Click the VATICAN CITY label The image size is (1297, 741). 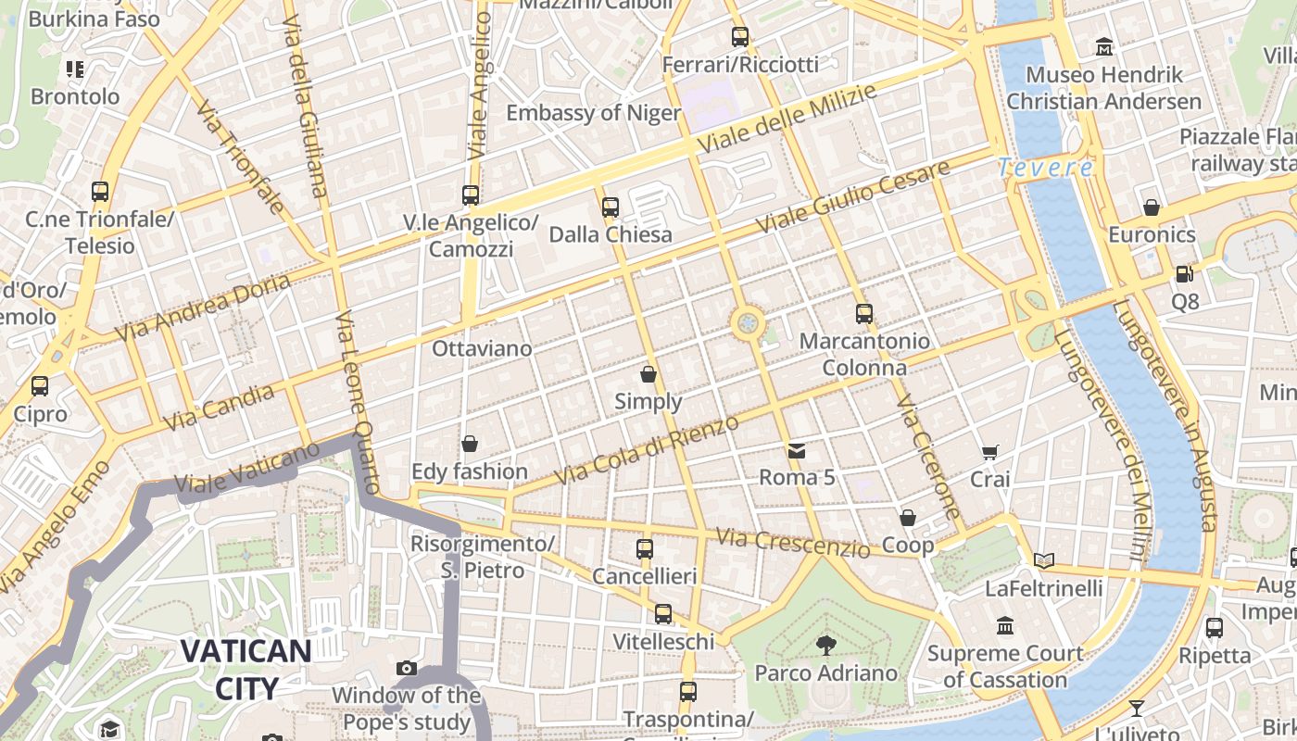[x=246, y=669]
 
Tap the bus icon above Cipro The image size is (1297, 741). [x=40, y=386]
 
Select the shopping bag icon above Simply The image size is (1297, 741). [x=648, y=374]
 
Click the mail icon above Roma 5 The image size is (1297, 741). [x=796, y=451]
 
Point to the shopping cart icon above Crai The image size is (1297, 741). [x=990, y=452]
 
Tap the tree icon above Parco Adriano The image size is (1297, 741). [x=825, y=645]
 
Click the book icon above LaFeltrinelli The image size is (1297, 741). [x=1044, y=560]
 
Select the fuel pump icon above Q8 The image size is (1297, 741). [x=1184, y=274]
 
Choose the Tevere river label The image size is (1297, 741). [x=1046, y=168]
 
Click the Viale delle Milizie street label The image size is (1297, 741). [x=787, y=119]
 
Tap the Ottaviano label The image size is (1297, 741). [x=482, y=349]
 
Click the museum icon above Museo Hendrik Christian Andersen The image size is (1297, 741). [x=1104, y=45]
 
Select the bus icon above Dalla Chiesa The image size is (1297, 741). [x=611, y=207]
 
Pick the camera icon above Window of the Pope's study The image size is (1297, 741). [x=406, y=668]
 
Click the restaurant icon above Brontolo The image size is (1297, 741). [x=75, y=69]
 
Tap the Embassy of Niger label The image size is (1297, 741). [x=593, y=113]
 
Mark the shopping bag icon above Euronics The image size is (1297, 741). [x=1152, y=207]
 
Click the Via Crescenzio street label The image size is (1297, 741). [x=794, y=544]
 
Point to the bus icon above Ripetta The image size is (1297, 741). [x=1215, y=628]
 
